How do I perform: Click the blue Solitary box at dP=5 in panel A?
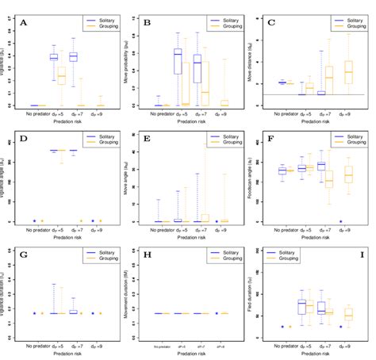pyautogui.click(x=54, y=57)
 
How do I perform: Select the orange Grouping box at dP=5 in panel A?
pyautogui.click(x=61, y=76)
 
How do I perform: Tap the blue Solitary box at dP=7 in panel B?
pyautogui.click(x=198, y=68)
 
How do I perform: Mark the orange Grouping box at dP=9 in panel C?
pyautogui.click(x=348, y=72)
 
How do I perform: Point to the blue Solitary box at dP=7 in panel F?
pyautogui.click(x=321, y=166)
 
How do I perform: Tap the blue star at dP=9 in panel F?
pyautogui.click(x=341, y=221)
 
